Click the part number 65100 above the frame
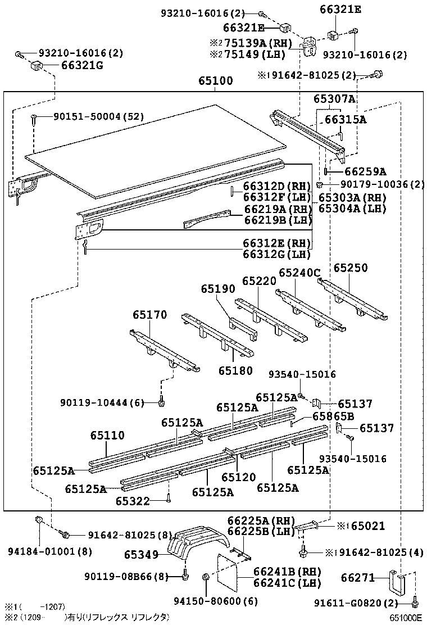coord(216,80)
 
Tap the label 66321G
coord(82,65)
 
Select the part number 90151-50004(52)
coord(99,116)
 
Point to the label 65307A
coord(334,99)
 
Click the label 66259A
coord(365,171)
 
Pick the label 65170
coord(150,315)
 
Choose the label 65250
coord(351,268)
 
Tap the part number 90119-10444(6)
coord(102,402)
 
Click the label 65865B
coord(333,416)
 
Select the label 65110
coord(107,435)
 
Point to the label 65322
coord(133,501)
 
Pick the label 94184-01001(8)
coord(50,552)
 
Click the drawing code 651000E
coord(406,618)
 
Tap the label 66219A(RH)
coord(278,209)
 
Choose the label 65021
coord(368,526)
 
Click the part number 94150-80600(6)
coord(216,601)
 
